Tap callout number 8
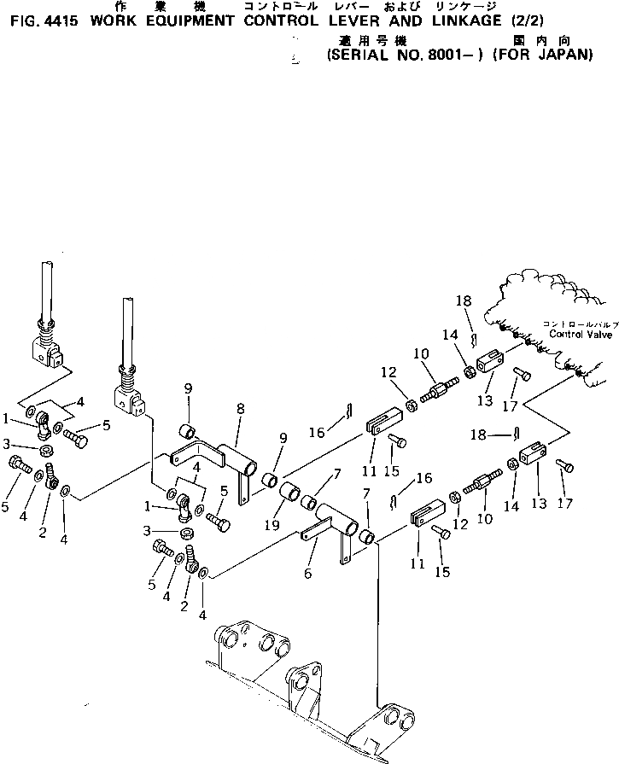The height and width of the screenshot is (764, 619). [240, 409]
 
